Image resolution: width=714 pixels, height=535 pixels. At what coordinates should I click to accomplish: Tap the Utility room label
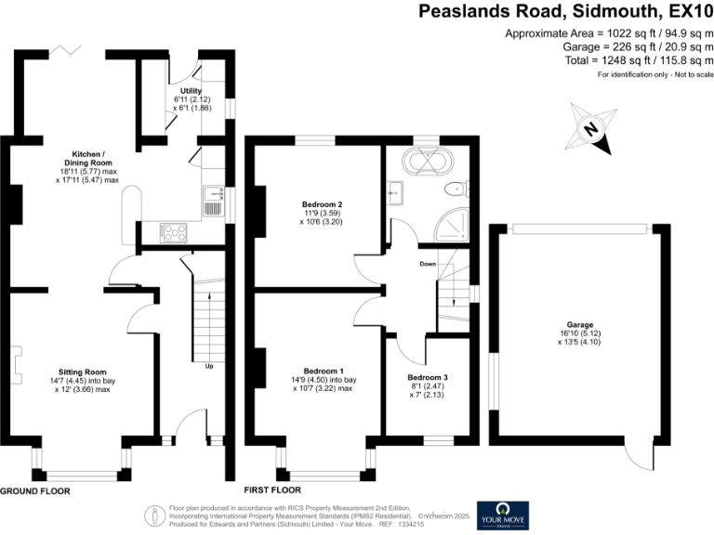tap(192, 91)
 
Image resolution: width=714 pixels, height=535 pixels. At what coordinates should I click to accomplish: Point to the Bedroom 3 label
tap(428, 377)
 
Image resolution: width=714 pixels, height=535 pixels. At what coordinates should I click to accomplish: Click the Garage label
tap(581, 325)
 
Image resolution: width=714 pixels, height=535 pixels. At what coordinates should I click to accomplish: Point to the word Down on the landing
tap(428, 264)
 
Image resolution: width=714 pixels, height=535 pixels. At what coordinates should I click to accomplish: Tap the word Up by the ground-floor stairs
tap(209, 365)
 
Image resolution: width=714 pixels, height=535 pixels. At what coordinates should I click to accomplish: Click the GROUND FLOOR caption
tap(36, 489)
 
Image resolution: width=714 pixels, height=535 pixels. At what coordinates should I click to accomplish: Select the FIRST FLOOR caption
tap(272, 489)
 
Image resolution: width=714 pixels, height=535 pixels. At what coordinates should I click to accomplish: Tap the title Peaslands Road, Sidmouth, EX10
tap(564, 12)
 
